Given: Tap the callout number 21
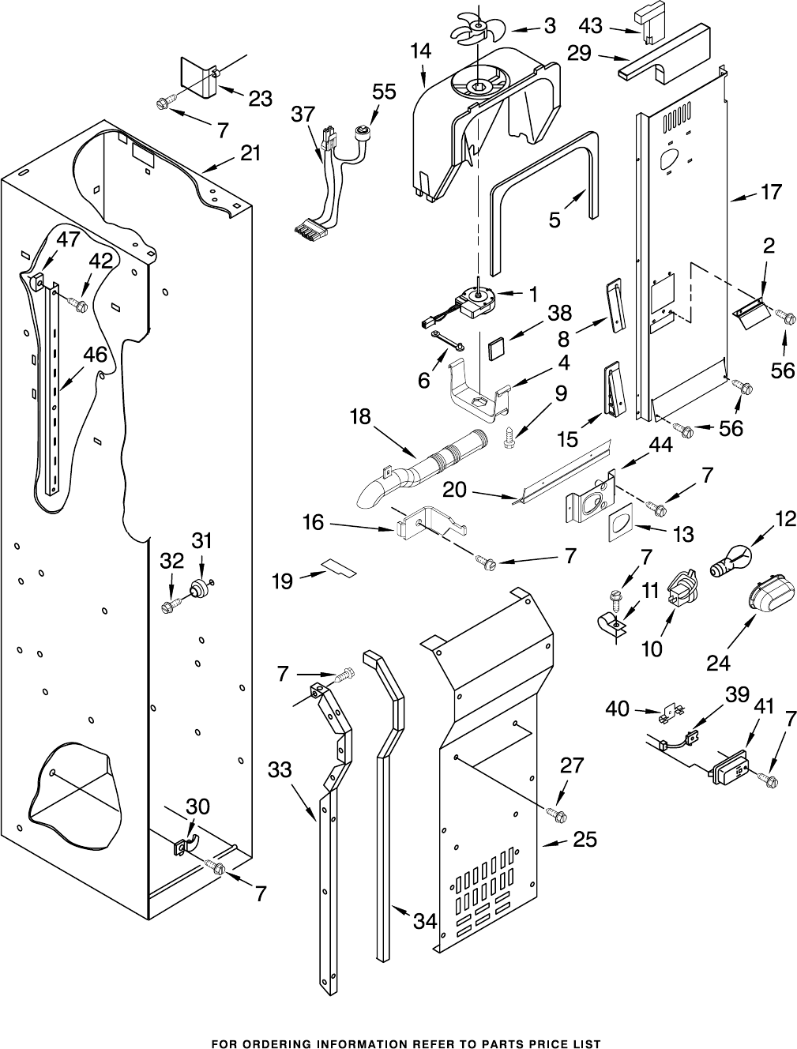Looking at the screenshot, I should point(250,154).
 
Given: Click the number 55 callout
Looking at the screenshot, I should point(384,92).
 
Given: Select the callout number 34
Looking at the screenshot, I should point(426,920).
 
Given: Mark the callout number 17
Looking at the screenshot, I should point(771,191).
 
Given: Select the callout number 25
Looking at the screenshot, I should point(585,839).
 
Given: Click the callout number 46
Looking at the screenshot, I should point(96,355).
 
